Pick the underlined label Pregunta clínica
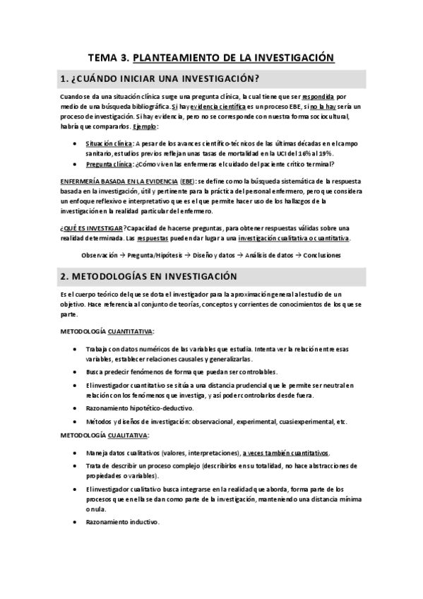point(109,164)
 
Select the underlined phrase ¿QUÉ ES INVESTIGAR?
point(90,227)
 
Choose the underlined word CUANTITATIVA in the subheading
point(131,331)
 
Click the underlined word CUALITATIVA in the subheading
point(128,436)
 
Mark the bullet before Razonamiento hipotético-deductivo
point(76,408)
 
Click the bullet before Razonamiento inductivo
point(76,522)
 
